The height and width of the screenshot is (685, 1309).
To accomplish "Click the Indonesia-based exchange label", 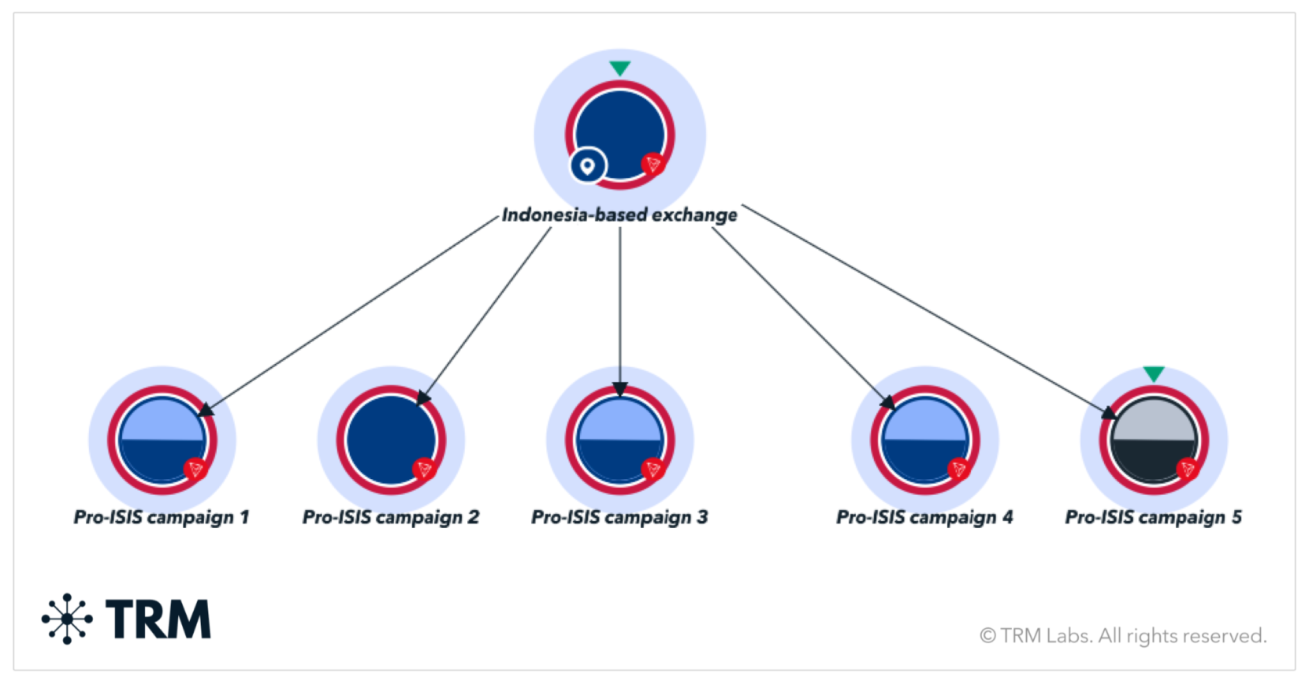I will [x=619, y=215].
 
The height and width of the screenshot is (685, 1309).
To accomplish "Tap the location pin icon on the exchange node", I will [x=587, y=166].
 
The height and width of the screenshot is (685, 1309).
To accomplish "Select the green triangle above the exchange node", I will [x=619, y=67].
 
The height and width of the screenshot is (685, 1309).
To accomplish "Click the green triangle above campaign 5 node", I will [x=1154, y=373].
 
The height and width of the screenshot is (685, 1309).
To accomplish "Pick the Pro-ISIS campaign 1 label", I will [x=161, y=517].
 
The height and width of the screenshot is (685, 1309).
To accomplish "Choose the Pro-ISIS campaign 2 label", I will [x=391, y=517].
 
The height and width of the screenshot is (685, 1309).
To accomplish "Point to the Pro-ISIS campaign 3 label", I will [x=619, y=517].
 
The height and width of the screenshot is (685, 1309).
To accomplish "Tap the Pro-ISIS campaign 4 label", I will [x=924, y=517].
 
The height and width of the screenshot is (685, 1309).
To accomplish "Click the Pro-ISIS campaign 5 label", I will [x=1153, y=517].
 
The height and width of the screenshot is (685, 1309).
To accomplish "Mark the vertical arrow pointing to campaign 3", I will [x=619, y=307].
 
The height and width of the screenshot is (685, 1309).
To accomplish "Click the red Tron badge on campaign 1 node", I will [x=195, y=470].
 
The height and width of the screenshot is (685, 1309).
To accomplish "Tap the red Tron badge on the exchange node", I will [x=653, y=165].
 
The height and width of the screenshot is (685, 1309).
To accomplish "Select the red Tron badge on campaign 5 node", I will [x=1187, y=470].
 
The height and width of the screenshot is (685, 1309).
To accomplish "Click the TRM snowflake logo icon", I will [x=67, y=619].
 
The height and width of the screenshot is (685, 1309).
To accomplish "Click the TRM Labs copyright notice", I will [x=1122, y=636].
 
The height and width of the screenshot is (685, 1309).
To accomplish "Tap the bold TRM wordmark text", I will [x=158, y=619].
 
